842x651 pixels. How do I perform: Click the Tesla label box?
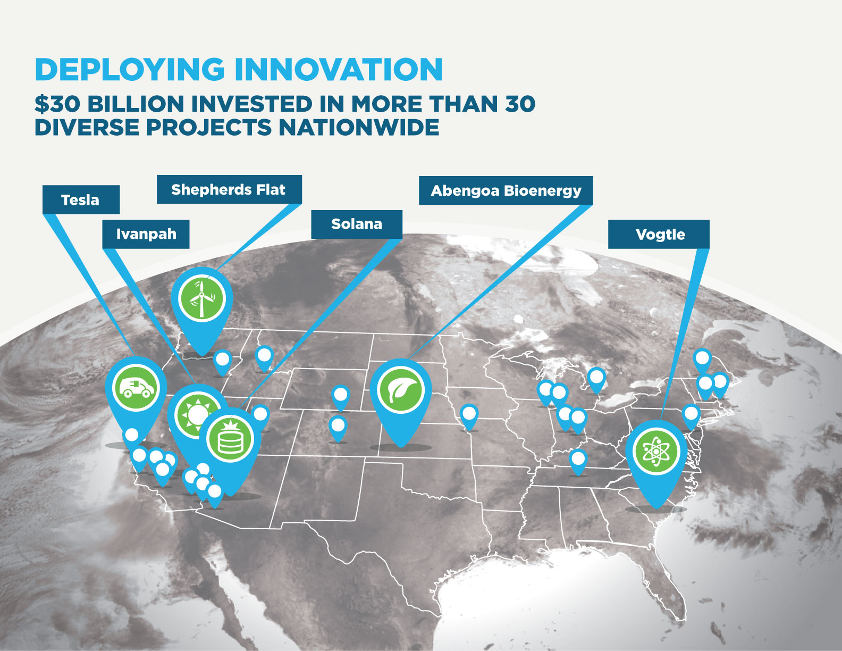coord(81,199)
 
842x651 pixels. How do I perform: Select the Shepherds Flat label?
coord(229,189)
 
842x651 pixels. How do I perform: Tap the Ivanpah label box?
coord(146,234)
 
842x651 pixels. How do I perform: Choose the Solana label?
coord(357,224)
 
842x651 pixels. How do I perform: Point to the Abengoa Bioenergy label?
coord(506,190)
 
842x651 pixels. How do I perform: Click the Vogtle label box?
coord(659,234)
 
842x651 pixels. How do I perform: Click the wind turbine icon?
coord(202,298)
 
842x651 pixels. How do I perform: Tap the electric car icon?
coord(136,387)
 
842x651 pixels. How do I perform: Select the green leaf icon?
coord(401,389)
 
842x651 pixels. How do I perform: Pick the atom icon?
coord(656,452)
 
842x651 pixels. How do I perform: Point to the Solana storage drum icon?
coord(230,439)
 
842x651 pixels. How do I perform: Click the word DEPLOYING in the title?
coord(129,69)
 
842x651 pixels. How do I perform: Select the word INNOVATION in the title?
coord(338,69)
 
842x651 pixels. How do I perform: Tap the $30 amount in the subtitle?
coord(57,104)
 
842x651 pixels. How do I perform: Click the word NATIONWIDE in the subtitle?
coord(359,127)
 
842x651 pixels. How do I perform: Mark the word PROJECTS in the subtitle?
coord(209,127)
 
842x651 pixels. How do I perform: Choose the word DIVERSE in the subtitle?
coord(87,127)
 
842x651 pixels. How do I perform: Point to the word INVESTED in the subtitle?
coord(252,104)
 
